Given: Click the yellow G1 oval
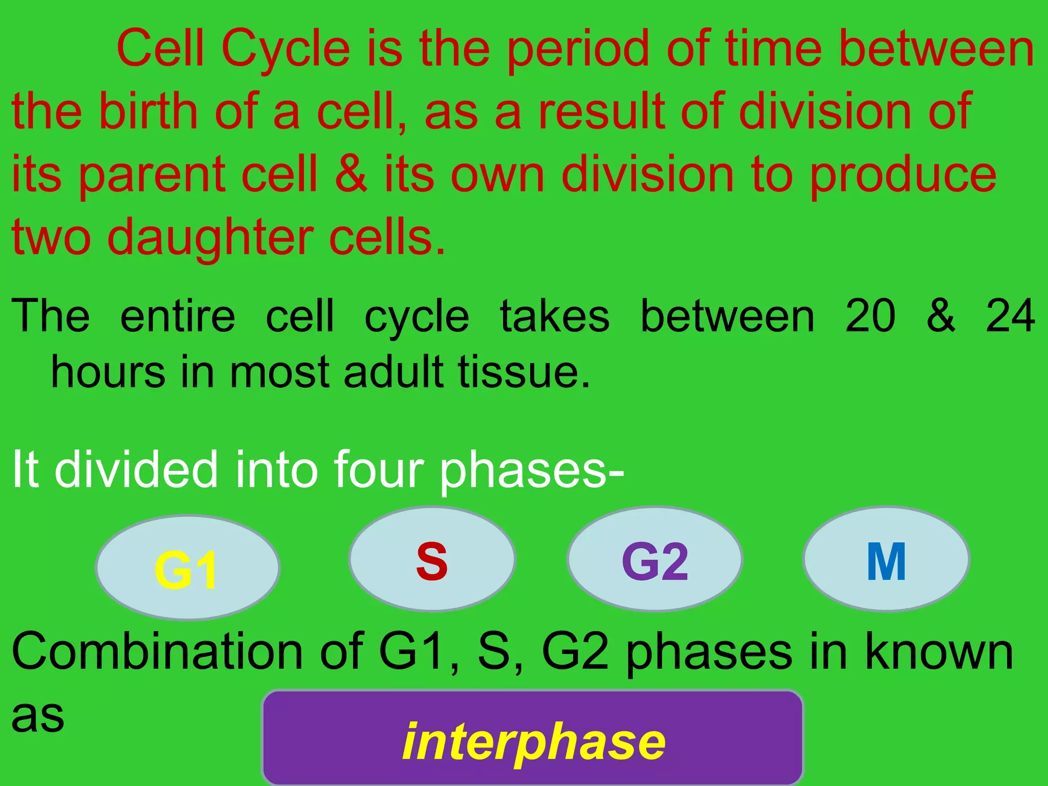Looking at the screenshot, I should [x=187, y=568].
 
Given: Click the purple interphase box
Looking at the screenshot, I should [x=532, y=739].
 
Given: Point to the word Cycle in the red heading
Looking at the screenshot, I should [x=286, y=49].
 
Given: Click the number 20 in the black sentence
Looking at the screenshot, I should [x=870, y=316].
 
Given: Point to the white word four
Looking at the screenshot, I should [x=379, y=469].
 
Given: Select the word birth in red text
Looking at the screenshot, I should [x=148, y=111].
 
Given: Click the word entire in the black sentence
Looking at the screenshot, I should [x=178, y=316].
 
